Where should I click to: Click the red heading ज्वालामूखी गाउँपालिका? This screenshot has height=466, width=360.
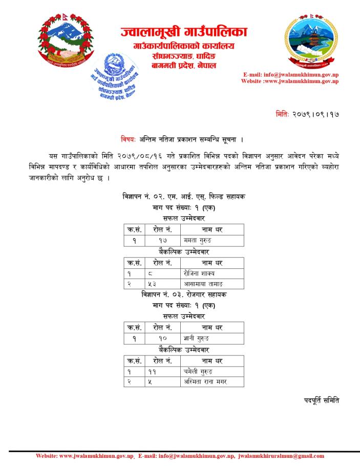184,32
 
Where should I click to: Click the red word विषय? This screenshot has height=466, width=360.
129,139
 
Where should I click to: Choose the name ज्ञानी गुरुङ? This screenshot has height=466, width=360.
197,338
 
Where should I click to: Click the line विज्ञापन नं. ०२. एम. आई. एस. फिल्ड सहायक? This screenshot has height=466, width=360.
183,197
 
